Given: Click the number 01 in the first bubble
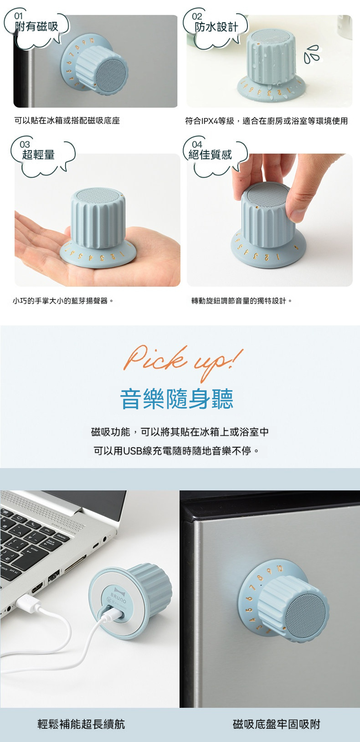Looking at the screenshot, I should [x=18, y=16].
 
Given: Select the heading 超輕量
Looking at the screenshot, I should [x=39, y=155].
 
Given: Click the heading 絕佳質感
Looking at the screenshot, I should [x=211, y=155].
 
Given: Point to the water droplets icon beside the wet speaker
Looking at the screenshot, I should [x=313, y=53].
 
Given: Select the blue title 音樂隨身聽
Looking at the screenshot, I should [x=177, y=399].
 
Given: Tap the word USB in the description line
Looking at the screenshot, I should [x=133, y=451].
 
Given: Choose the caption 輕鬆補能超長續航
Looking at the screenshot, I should [x=81, y=724].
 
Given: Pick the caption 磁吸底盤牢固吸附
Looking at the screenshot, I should [x=277, y=724].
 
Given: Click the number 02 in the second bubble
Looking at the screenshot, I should [x=197, y=16].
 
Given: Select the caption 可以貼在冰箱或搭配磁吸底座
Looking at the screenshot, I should [x=67, y=121].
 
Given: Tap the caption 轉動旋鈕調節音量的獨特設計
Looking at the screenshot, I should [x=242, y=301].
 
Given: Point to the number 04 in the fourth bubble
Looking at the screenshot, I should [x=197, y=144].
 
